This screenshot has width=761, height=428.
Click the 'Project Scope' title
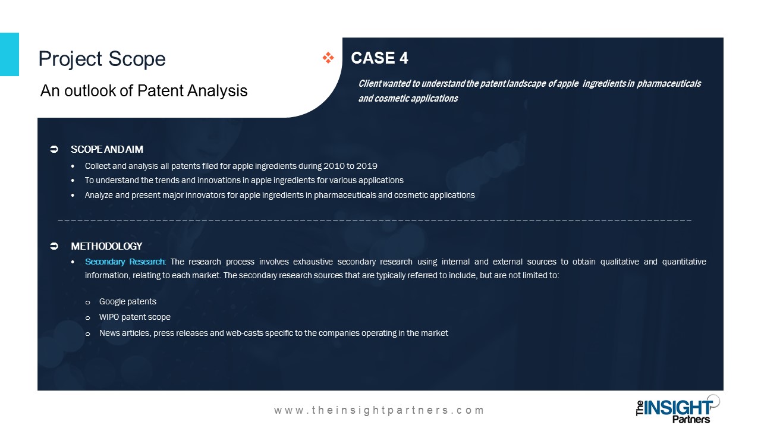(102, 59)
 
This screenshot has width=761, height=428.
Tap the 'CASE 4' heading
(379, 58)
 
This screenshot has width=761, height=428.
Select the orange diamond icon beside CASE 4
(328, 58)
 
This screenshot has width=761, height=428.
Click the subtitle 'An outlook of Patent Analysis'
(144, 91)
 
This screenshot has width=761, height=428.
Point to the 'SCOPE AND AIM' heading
(106, 149)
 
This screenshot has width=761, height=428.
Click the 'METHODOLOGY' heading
(106, 246)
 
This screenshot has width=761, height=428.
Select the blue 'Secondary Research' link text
(125, 262)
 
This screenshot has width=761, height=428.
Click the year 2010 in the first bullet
(334, 166)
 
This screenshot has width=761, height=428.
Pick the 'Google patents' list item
(128, 301)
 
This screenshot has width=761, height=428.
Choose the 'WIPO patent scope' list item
(135, 317)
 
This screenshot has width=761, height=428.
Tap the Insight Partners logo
(678, 410)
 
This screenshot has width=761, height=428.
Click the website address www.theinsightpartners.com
(379, 410)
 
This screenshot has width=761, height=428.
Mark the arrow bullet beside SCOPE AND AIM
(54, 149)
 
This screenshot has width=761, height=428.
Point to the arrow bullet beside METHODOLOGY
(54, 246)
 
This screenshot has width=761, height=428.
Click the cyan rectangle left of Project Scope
(10, 54)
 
